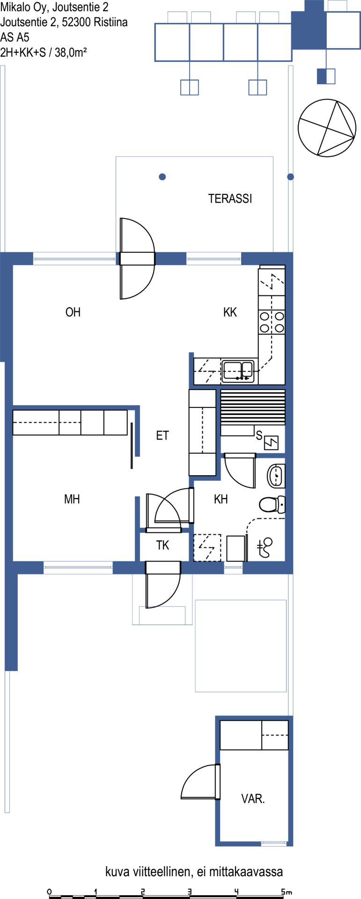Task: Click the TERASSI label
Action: [230, 199]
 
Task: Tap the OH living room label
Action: [73, 312]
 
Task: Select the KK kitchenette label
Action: [230, 312]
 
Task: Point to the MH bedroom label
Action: [72, 499]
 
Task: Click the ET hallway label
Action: [162, 435]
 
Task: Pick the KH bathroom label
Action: [221, 499]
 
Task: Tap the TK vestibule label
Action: [162, 545]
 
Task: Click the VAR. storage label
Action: [253, 799]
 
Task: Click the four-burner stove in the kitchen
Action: [272, 321]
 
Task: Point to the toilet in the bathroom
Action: [272, 504]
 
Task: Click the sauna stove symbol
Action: [272, 442]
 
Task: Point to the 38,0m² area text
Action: [71, 52]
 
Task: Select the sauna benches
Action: [252, 407]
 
